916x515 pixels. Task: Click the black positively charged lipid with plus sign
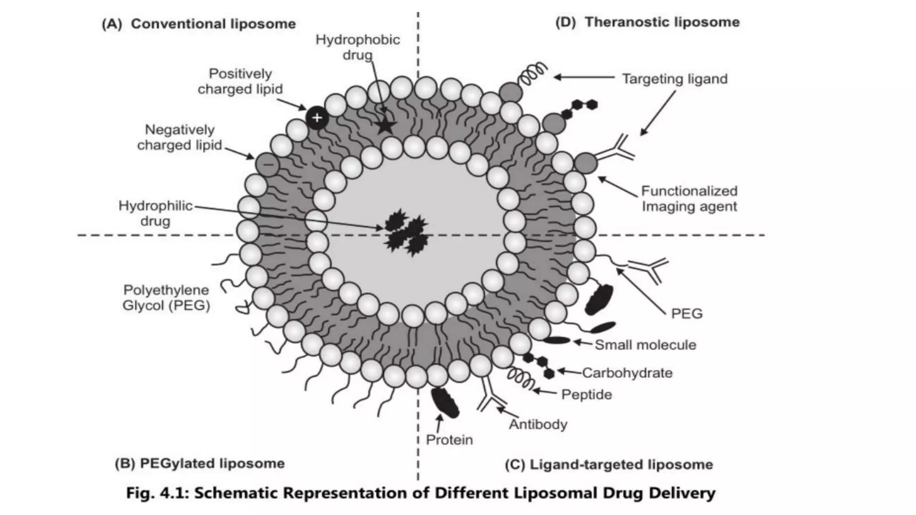pos(317,118)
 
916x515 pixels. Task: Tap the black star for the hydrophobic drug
pos(385,126)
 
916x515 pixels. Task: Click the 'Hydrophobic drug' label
pos(358,47)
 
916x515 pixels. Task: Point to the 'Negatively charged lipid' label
pos(180,137)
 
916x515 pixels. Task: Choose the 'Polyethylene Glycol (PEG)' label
pos(166,298)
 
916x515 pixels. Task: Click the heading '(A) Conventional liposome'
pos(199,24)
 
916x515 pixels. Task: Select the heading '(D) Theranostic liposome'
pos(647,22)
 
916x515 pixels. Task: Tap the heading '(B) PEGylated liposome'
pos(199,463)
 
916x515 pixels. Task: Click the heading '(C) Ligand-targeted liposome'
pos(609,464)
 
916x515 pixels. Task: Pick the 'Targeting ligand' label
pos(674,79)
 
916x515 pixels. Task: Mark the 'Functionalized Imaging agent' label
pos(689,198)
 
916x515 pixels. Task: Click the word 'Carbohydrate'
pos(627,373)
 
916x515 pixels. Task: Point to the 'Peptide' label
pos(586,394)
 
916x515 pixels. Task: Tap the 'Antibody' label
pos(538,424)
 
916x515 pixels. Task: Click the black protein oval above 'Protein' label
pos(445,403)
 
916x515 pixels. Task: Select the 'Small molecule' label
pos(645,345)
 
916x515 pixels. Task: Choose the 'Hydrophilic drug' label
pos(155,213)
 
